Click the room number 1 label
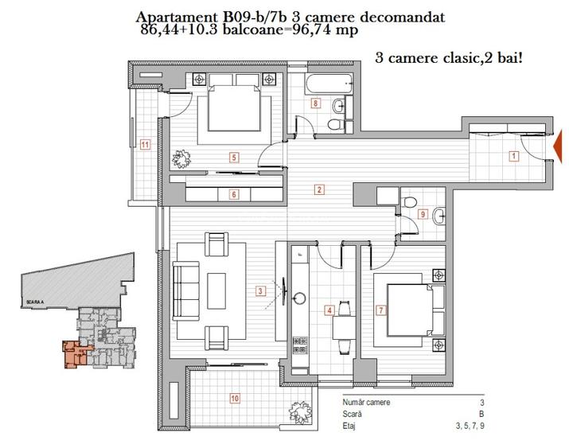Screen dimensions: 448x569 (x=514, y=156)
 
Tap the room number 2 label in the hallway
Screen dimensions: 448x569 (x=319, y=189)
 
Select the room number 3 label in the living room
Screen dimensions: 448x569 (x=260, y=291)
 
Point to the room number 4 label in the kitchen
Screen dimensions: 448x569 (x=329, y=310)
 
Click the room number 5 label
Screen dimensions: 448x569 (x=233, y=158)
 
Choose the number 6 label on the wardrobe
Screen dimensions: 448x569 (x=233, y=193)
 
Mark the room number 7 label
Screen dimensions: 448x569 (x=381, y=310)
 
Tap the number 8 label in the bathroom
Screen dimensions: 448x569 (x=316, y=103)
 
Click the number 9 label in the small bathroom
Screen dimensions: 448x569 (x=422, y=213)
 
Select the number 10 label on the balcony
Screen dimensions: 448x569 (x=235, y=398)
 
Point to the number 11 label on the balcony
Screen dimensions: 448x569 (x=145, y=144)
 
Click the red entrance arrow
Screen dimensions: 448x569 (x=559, y=143)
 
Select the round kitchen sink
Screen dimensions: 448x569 (x=300, y=298)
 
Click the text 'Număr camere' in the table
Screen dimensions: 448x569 (x=367, y=403)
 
